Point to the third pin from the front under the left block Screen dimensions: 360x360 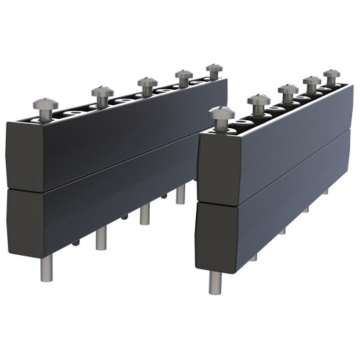pos(145,214)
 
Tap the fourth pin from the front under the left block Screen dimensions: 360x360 pos(180,194)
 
